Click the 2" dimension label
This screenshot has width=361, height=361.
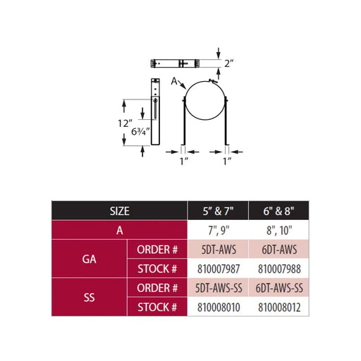click(x=228, y=63)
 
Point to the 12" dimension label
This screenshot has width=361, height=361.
click(x=125, y=123)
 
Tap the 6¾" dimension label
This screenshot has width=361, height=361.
click(x=140, y=131)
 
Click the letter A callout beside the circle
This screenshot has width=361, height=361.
click(x=174, y=81)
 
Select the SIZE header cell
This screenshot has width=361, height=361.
click(x=120, y=211)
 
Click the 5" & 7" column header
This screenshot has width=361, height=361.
click(x=218, y=211)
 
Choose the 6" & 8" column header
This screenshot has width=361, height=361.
click(x=279, y=211)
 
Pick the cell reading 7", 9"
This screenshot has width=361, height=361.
click(x=219, y=231)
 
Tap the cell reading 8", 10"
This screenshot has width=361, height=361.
click(x=279, y=231)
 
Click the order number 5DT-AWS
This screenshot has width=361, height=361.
click(x=219, y=250)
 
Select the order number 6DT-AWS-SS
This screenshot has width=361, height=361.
click(x=279, y=288)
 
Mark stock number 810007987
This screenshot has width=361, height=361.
click(x=219, y=269)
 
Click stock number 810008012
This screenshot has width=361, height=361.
click(x=279, y=307)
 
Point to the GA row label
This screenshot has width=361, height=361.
click(x=90, y=259)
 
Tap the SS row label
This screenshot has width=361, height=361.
click(x=90, y=298)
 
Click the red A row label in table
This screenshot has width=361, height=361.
click(x=120, y=231)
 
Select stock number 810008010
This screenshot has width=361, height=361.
click(x=219, y=307)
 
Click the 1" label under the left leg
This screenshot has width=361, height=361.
click(x=184, y=161)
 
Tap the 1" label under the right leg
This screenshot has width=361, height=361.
click(x=227, y=161)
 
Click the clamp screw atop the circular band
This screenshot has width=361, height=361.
click(x=213, y=81)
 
